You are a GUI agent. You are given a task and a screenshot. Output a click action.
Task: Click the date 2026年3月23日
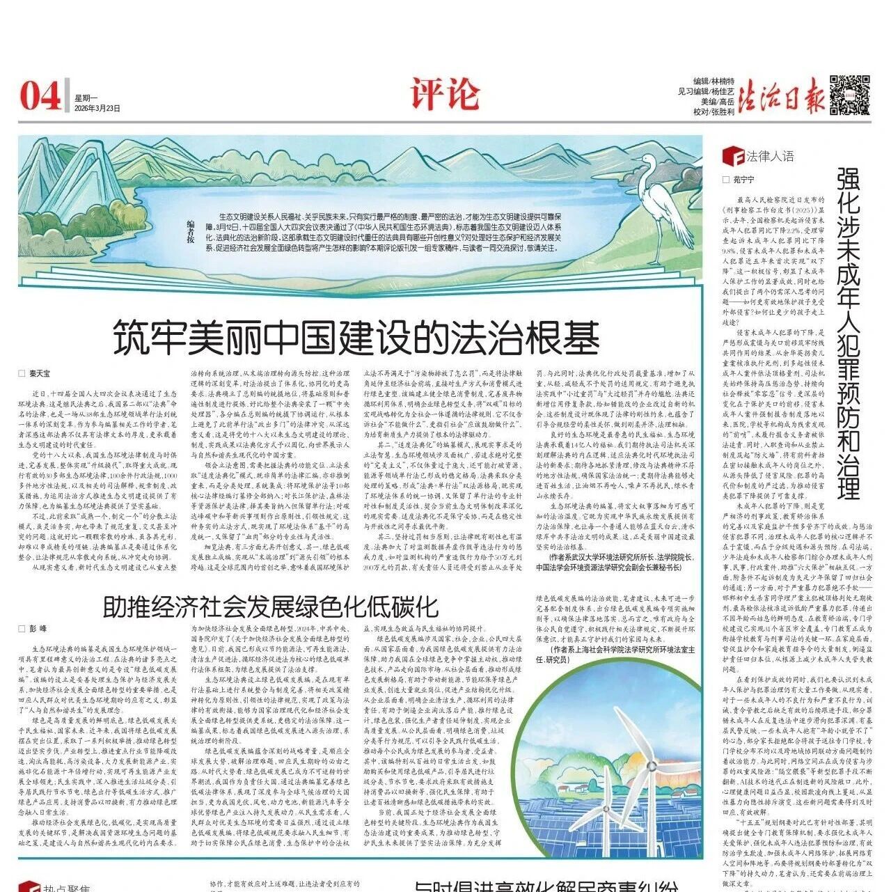click(97, 109)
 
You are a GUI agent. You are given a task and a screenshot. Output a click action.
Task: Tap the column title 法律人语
click(770, 156)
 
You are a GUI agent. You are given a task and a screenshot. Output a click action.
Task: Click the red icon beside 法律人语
click(730, 155)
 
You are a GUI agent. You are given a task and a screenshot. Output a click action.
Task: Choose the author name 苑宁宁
click(743, 179)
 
